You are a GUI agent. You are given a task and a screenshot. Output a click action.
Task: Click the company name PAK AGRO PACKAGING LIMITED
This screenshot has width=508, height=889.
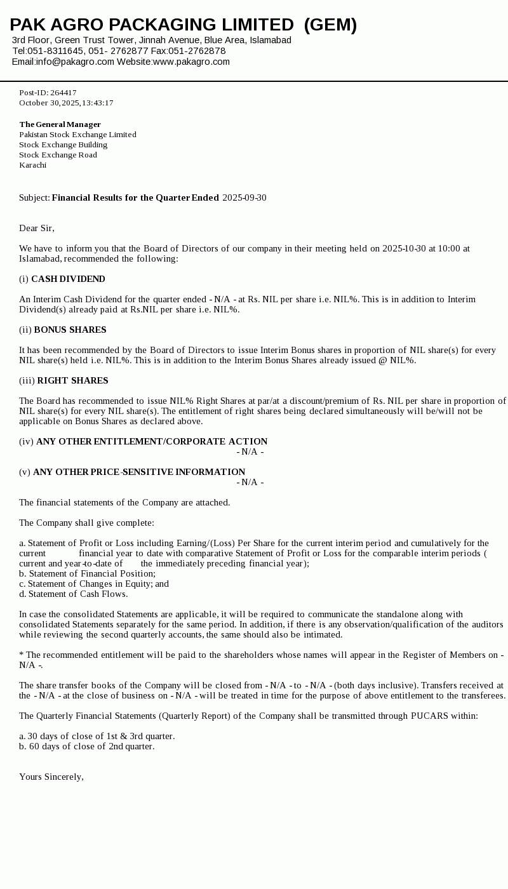point(152,25)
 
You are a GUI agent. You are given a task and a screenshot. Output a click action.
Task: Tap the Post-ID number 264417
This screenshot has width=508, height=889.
point(63,93)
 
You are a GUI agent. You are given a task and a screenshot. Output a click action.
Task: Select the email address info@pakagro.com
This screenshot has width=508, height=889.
point(75,62)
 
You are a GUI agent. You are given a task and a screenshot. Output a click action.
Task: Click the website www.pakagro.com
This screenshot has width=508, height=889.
point(191,62)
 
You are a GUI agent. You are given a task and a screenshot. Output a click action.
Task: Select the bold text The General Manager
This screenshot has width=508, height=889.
point(60,124)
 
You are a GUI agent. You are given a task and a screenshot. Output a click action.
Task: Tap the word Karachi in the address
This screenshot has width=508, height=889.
point(32,165)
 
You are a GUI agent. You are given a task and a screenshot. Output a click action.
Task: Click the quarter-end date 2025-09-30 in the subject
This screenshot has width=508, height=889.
point(244,197)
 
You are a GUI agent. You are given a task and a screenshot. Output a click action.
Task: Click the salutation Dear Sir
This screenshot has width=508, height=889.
point(36,228)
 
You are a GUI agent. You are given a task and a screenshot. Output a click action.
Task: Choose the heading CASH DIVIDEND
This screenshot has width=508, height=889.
point(68,279)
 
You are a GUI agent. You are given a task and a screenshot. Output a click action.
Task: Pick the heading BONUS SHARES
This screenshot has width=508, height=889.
point(70,330)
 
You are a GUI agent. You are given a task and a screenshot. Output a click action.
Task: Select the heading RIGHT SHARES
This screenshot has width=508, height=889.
point(72,380)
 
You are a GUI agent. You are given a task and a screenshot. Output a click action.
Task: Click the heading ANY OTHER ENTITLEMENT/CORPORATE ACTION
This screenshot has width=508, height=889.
point(152,441)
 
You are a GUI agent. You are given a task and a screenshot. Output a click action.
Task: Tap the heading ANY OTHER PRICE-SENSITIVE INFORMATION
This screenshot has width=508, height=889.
point(139,472)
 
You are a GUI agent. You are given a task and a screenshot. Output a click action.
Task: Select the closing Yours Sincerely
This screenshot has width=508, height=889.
point(51,777)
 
